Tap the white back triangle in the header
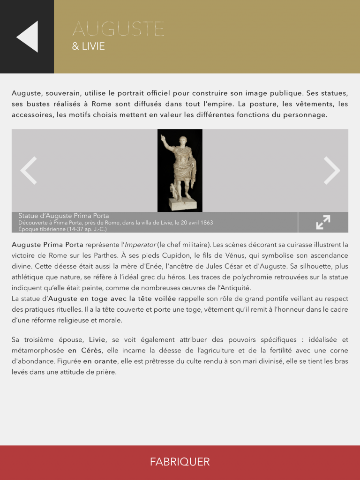(28, 37)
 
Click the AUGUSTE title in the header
(118, 30)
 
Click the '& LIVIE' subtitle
(88, 47)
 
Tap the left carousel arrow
(29, 171)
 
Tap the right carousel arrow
(331, 171)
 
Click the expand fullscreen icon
(323, 222)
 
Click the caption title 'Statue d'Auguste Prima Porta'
(63, 216)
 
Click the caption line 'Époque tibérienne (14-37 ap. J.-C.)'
(62, 229)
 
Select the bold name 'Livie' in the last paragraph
(97, 339)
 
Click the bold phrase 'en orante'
(100, 361)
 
